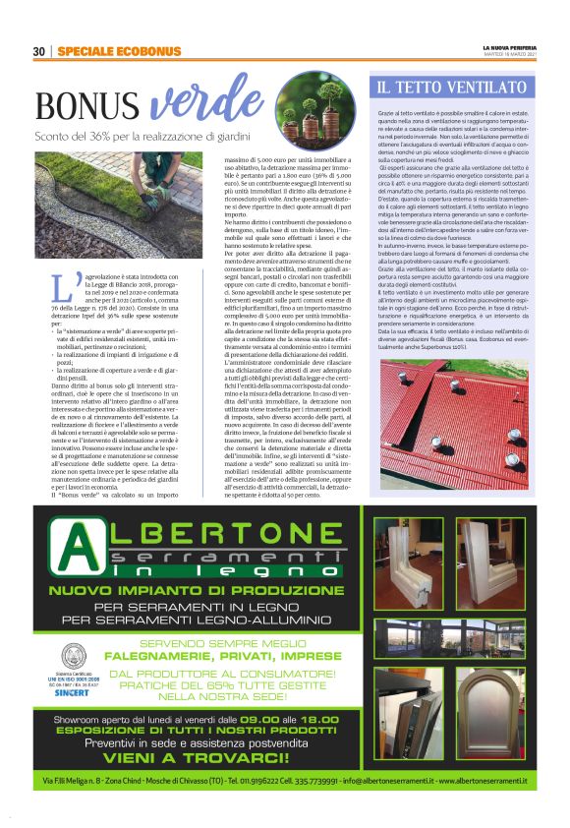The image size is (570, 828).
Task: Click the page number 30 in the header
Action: (39, 51)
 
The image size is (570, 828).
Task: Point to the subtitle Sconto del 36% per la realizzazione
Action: (138, 136)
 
